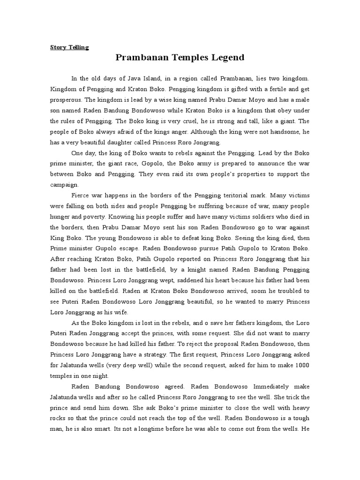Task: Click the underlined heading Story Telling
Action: pos(69,47)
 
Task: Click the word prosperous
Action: pos(66,99)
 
